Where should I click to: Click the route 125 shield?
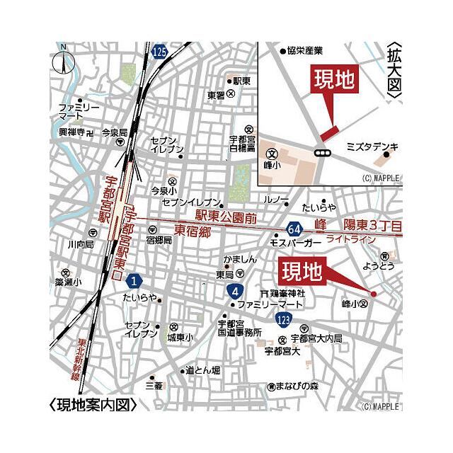tap(160, 51)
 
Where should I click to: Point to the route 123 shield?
tap(283, 320)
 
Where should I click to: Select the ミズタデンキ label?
tap(372, 147)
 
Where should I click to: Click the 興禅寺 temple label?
tap(71, 132)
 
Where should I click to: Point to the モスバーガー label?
tap(296, 242)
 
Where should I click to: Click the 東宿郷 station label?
tap(194, 230)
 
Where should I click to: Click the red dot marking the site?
tap(374, 293)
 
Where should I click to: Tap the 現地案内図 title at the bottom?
tap(93, 406)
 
